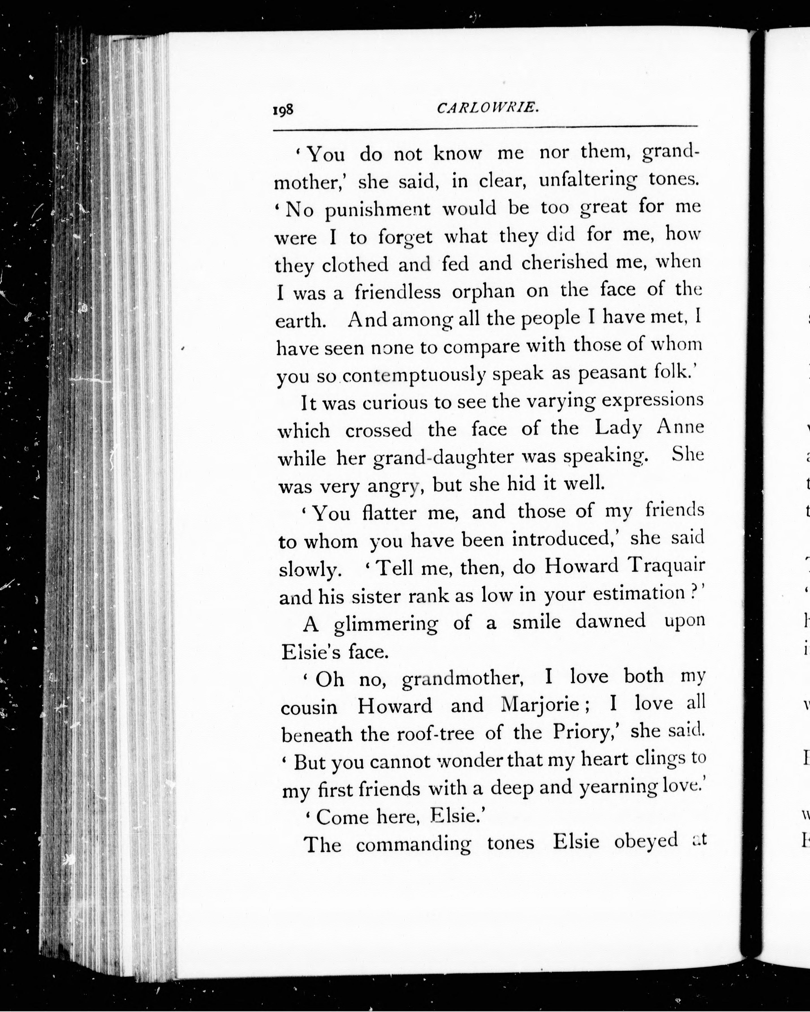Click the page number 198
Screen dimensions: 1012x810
[283, 110]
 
